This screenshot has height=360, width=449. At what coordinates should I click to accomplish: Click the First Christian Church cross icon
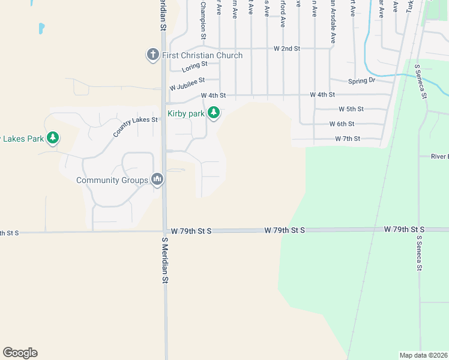coord(152,55)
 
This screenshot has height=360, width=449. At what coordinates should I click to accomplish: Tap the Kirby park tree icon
coord(212,113)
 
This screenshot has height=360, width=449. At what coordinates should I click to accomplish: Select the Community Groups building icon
coord(157,179)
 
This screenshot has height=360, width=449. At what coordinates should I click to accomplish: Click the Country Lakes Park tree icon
coord(53,139)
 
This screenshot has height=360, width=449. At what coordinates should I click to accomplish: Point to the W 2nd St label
coord(286,48)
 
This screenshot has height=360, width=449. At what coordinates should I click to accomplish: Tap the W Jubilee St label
coord(187,80)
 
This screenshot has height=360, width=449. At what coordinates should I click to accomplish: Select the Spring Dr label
coord(361,80)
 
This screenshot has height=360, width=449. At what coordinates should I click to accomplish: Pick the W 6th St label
coord(342,124)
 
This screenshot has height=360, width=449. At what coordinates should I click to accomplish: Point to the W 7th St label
coord(348,139)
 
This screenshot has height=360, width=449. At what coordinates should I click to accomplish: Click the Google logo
coord(20,353)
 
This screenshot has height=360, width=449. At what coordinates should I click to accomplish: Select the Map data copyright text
coord(424,355)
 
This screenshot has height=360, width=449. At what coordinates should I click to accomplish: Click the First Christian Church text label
coord(202,55)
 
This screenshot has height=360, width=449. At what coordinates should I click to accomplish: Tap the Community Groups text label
coord(112,180)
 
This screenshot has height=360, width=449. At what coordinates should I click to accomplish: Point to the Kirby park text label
coord(186,113)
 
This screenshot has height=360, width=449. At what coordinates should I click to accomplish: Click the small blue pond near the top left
coord(41,28)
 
